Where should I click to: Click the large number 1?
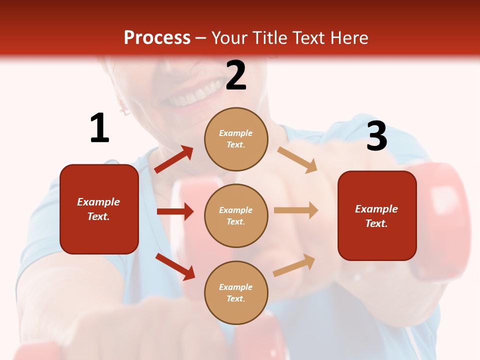(x=99, y=128)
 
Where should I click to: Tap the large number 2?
(x=236, y=76)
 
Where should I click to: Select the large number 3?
(x=376, y=136)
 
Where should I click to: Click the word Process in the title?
(x=157, y=37)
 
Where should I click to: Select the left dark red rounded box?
(x=99, y=209)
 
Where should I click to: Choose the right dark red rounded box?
(x=377, y=216)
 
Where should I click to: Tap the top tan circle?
(x=236, y=139)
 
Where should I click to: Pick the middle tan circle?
(x=236, y=215)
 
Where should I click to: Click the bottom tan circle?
(x=236, y=292)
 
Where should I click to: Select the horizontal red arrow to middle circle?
(x=175, y=211)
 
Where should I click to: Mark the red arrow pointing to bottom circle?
(x=175, y=266)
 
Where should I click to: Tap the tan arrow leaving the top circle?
(x=297, y=160)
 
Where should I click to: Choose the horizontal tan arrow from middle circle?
(x=295, y=210)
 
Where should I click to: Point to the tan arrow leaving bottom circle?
(x=294, y=265)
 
